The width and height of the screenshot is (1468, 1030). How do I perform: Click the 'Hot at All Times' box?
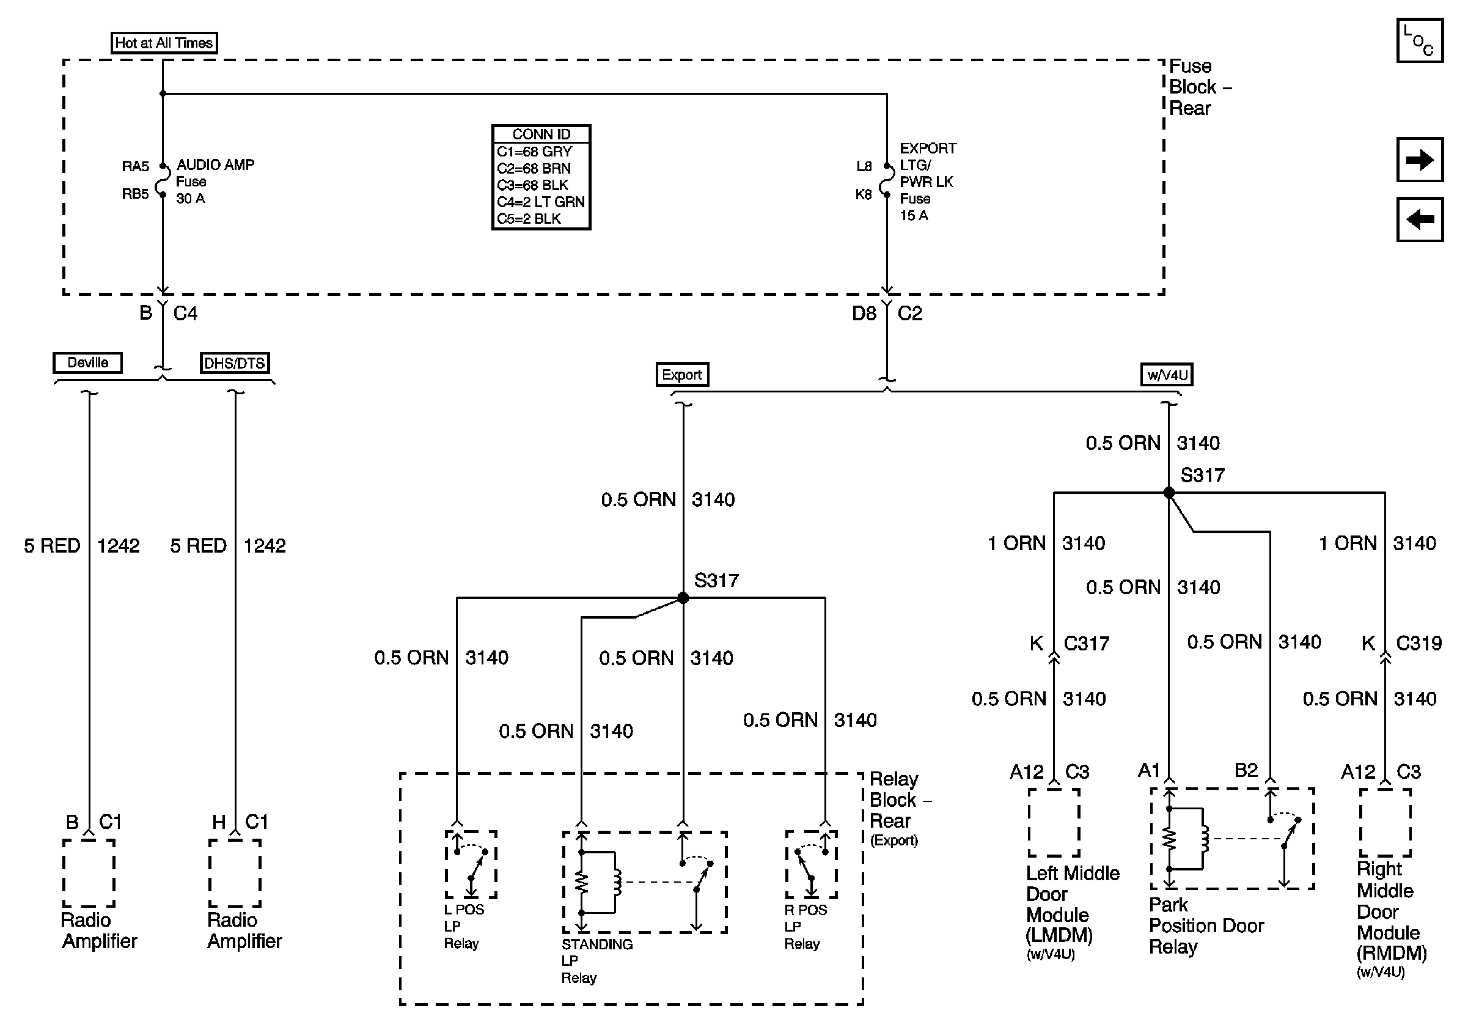164,43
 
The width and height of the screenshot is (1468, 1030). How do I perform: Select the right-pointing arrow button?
1419,159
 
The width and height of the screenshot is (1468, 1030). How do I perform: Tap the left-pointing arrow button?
1419,219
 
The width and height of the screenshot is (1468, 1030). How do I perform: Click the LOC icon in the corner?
1419,41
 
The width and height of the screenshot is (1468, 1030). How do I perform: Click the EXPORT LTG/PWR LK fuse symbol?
887,180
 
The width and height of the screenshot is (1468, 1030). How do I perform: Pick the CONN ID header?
541,134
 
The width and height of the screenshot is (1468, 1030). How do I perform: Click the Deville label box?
87,362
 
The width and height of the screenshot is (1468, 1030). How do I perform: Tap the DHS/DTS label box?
235,363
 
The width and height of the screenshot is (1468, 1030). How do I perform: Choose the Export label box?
682,375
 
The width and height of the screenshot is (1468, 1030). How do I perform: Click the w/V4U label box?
1167,375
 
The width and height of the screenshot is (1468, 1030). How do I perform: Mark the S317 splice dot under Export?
683,598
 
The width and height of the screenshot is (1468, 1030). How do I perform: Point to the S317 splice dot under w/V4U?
1169,492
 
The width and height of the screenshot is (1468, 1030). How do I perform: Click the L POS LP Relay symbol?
471,864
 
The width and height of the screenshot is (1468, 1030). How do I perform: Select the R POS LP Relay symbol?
812,864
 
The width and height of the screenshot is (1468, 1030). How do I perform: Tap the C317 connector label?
1086,643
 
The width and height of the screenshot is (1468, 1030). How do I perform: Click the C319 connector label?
1418,643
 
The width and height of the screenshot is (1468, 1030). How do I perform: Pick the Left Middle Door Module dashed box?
1054,822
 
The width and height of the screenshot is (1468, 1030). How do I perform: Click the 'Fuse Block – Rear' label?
1200,87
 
